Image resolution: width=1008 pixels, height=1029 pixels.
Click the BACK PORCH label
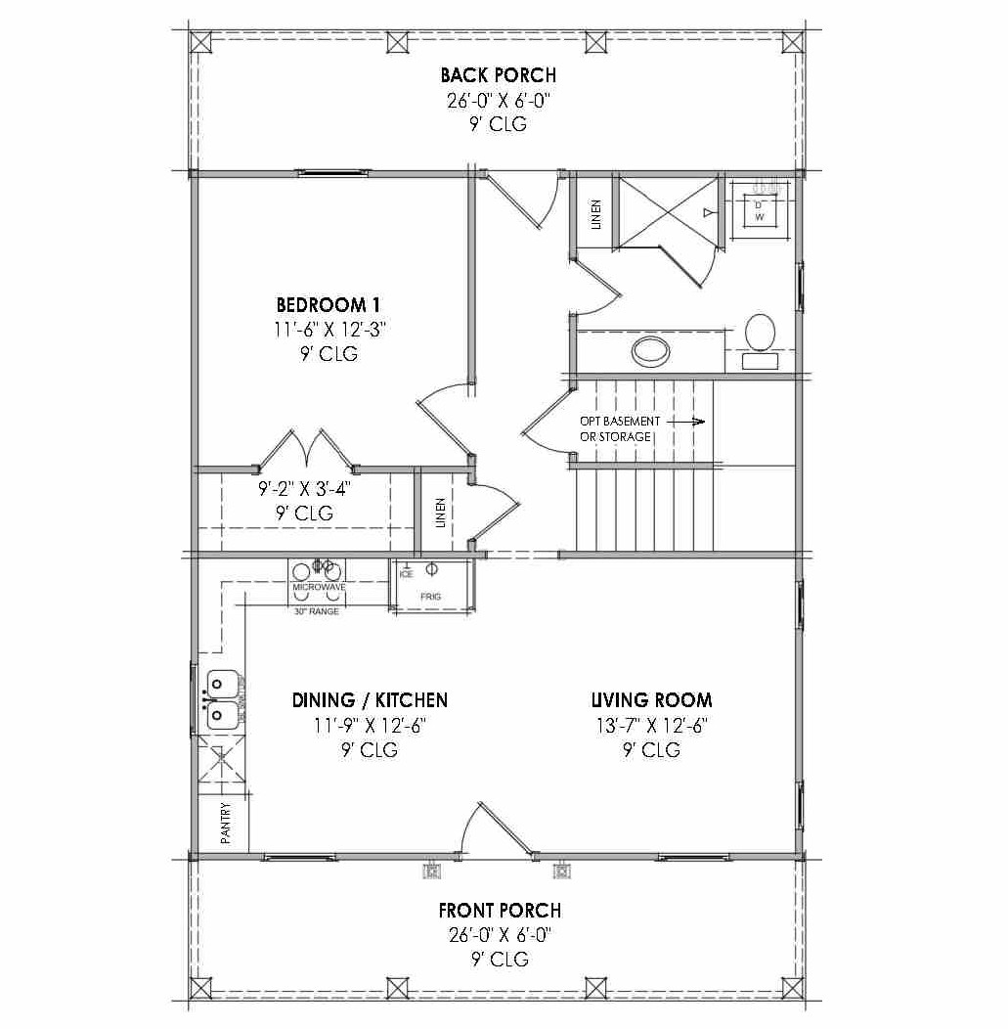tap(498, 74)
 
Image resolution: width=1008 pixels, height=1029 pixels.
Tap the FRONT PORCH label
tap(500, 911)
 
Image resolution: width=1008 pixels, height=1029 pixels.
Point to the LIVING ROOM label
tap(651, 699)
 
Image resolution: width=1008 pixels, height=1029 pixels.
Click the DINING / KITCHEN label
tap(370, 699)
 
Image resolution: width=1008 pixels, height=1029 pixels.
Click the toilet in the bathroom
tap(760, 333)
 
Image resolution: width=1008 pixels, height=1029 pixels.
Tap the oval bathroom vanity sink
tap(650, 348)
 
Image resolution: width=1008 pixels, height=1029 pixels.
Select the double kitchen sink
tap(222, 700)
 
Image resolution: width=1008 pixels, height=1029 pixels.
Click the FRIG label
tap(431, 596)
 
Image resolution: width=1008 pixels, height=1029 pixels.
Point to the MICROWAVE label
tap(320, 587)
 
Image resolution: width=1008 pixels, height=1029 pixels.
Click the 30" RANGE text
tap(317, 611)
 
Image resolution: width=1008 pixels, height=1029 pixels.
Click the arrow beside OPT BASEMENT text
tap(687, 422)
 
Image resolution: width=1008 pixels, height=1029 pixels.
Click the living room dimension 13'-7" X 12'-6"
tap(651, 725)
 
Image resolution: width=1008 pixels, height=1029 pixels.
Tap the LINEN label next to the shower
tap(595, 215)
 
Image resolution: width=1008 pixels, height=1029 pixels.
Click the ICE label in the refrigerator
tap(407, 574)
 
